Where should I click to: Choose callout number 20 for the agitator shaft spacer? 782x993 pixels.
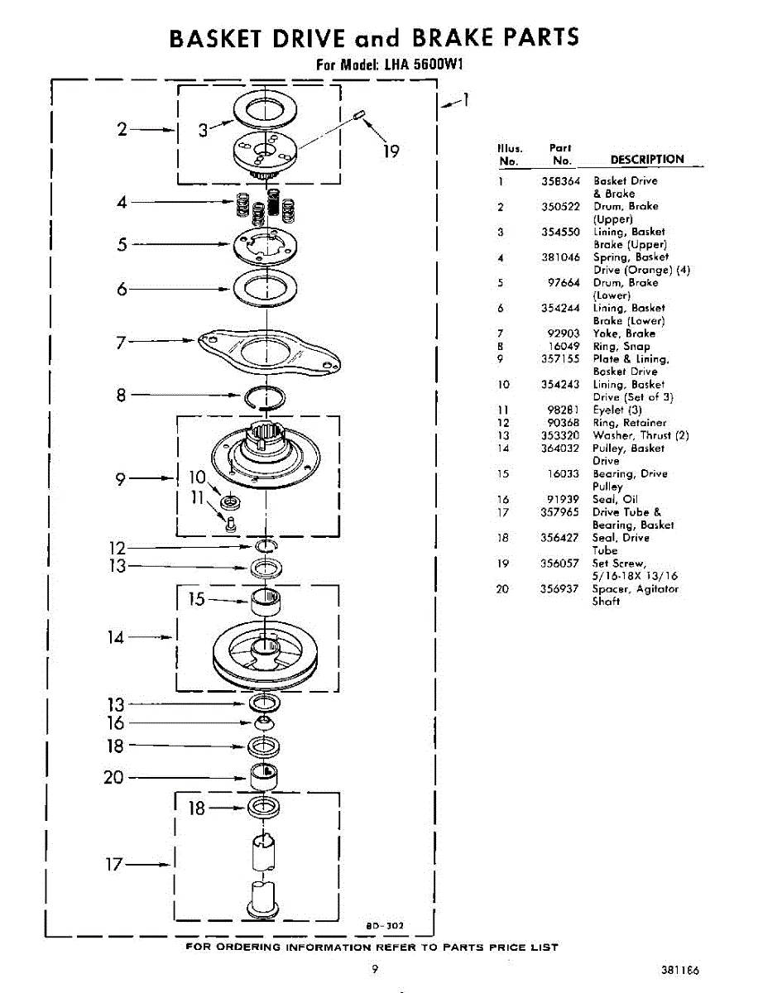(x=113, y=778)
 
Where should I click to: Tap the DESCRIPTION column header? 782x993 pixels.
(x=647, y=160)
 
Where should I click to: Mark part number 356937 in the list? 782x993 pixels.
(x=560, y=589)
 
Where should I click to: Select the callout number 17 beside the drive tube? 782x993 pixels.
(x=113, y=865)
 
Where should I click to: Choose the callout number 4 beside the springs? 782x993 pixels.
(x=122, y=201)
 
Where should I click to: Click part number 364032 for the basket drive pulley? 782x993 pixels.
(x=560, y=449)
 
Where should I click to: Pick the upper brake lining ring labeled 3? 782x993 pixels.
(x=266, y=108)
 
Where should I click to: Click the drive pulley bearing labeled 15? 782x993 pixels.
(x=266, y=602)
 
